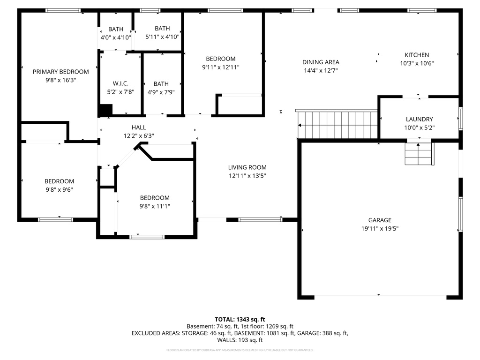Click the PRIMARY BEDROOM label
pos(60,72)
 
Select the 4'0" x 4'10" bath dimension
pos(116,37)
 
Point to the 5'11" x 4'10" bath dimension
pos(163,37)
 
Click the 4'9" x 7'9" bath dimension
pos(161,92)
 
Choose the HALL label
pos(139,127)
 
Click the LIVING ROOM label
pos(247,167)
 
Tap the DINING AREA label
pos(321,62)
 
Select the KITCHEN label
pos(417,55)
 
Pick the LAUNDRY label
pos(419,119)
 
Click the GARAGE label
pos(380,220)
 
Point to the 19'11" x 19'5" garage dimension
pos(380,228)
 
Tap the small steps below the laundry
pos(419,154)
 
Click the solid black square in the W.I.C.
pos(105,110)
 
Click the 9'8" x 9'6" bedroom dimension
pos(59,190)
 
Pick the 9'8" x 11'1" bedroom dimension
pos(155,206)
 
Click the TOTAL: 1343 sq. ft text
pos(240,319)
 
